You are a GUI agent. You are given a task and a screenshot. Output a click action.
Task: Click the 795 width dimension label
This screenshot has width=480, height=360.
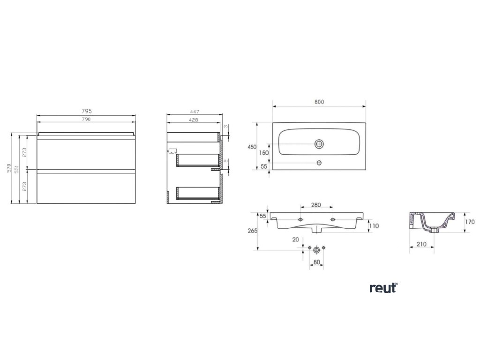(86, 112)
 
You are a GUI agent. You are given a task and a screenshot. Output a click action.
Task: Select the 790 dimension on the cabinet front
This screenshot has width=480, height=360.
(86, 120)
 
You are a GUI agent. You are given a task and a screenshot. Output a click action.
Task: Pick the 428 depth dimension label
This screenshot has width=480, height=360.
(193, 120)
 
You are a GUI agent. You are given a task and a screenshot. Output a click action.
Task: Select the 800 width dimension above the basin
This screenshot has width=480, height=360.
(320, 102)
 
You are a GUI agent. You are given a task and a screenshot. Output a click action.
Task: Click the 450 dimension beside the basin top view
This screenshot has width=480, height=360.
(252, 147)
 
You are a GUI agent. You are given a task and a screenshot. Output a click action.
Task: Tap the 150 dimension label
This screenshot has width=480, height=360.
(264, 153)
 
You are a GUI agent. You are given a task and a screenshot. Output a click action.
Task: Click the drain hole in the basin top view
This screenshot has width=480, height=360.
(320, 143)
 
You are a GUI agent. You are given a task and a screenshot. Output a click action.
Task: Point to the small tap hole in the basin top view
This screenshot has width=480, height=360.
(319, 163)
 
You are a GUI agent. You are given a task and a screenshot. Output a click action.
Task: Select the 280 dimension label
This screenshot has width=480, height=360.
(316, 205)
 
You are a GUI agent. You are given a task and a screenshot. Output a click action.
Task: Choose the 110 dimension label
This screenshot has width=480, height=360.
(374, 226)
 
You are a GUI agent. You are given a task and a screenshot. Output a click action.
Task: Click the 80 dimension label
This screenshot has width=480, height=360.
(317, 262)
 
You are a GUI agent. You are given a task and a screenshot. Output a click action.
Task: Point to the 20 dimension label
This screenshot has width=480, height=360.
(295, 240)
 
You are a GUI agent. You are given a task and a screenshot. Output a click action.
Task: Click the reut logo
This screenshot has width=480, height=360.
(383, 288)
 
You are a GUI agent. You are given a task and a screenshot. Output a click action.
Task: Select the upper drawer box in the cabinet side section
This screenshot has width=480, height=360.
(198, 160)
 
